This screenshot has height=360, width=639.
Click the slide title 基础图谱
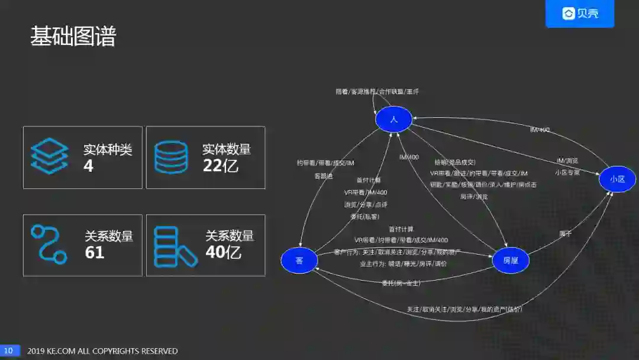73,37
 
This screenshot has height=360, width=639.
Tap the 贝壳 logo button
580,14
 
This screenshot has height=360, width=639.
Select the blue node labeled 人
393,120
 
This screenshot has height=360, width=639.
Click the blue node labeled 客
299,261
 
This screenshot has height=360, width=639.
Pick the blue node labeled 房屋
510,261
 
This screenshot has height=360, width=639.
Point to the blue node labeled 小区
617,179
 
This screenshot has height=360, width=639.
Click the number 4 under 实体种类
89,166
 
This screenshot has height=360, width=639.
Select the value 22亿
220,166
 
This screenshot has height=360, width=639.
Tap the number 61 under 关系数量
95,253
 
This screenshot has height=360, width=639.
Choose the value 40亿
223,253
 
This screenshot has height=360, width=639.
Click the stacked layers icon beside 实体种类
50,156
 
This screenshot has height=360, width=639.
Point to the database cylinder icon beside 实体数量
170,157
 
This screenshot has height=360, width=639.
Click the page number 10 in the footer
9,351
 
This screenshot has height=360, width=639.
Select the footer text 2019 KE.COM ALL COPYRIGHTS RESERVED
102,351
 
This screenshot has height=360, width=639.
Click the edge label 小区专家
567,173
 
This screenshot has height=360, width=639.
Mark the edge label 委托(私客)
365,217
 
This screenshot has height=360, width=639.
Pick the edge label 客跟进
324,176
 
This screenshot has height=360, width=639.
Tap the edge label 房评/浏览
474,196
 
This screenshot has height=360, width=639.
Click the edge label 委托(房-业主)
401,284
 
